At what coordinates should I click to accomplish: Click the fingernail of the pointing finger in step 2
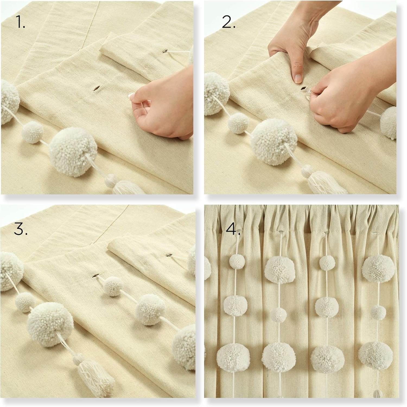point(298,79)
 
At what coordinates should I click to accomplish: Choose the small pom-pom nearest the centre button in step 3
point(114,286)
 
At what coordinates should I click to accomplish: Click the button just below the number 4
point(238,232)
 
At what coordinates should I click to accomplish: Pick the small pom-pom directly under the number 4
point(237,262)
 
